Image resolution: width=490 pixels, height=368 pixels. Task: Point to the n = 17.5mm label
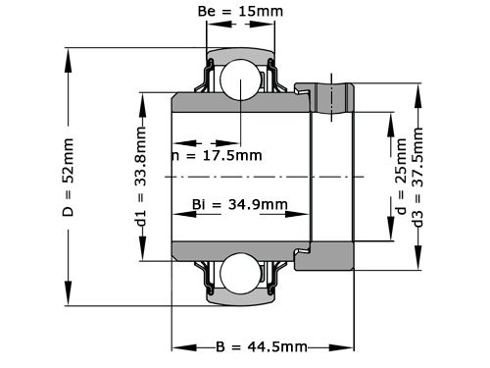(x=217, y=155)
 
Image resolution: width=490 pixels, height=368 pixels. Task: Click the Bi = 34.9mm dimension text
(x=239, y=205)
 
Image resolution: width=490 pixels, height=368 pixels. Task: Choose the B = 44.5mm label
(x=261, y=347)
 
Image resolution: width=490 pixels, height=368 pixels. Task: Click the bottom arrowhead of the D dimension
(x=69, y=303)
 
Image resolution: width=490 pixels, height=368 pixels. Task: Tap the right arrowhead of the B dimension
(x=348, y=347)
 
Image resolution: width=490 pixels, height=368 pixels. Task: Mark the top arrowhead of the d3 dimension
(x=419, y=87)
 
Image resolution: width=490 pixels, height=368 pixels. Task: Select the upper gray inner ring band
(x=241, y=104)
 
